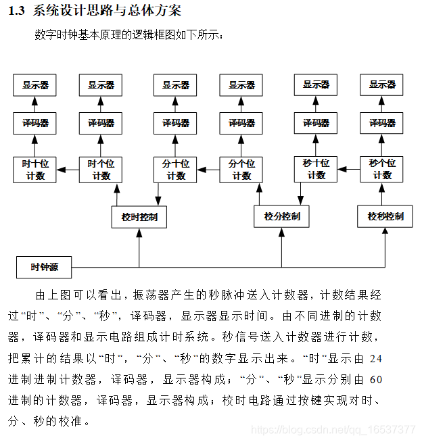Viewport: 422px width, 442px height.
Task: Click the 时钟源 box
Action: (45, 268)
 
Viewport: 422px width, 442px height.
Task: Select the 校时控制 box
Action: (139, 217)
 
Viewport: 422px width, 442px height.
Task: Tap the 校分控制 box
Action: (282, 216)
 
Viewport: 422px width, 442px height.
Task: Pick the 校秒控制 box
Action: (385, 216)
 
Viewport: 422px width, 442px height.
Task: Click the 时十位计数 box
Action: (35, 170)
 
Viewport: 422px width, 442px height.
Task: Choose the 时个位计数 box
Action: (101, 170)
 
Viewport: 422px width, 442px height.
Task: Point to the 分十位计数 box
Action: (176, 170)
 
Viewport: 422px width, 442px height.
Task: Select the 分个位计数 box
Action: (241, 170)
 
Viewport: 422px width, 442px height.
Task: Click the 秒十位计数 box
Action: (316, 169)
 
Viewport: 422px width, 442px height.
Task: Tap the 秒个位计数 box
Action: (382, 169)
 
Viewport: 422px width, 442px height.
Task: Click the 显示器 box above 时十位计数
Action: (35, 85)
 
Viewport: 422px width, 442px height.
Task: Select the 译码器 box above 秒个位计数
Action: (382, 123)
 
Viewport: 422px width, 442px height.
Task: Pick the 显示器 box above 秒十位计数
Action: (316, 85)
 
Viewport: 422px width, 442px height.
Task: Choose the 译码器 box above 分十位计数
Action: (176, 123)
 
